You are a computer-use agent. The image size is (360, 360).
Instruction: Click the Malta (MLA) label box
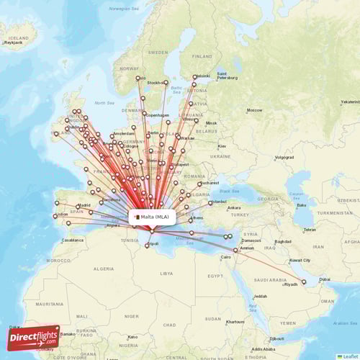pyautogui.click(x=152, y=216)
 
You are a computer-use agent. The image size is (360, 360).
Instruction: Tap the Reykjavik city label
pyautogui.click(x=14, y=42)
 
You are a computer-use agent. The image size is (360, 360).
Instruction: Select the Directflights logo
pyautogui.click(x=33, y=337)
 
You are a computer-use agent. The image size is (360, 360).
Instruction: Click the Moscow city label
pyautogui.click(x=254, y=110)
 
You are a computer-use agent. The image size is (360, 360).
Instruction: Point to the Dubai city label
pyautogui.click(x=325, y=279)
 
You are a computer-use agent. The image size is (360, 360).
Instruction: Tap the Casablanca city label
pyautogui.click(x=72, y=240)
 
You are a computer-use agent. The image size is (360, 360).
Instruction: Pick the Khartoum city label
pyautogui.click(x=235, y=322)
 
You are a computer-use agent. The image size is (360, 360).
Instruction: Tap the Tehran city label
pyautogui.click(x=309, y=230)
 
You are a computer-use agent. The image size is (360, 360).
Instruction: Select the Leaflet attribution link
pyautogui.click(x=349, y=356)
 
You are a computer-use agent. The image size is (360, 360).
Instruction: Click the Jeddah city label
pyautogui.click(x=260, y=296)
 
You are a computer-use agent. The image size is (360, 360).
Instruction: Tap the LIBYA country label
pyautogui.click(x=166, y=274)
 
